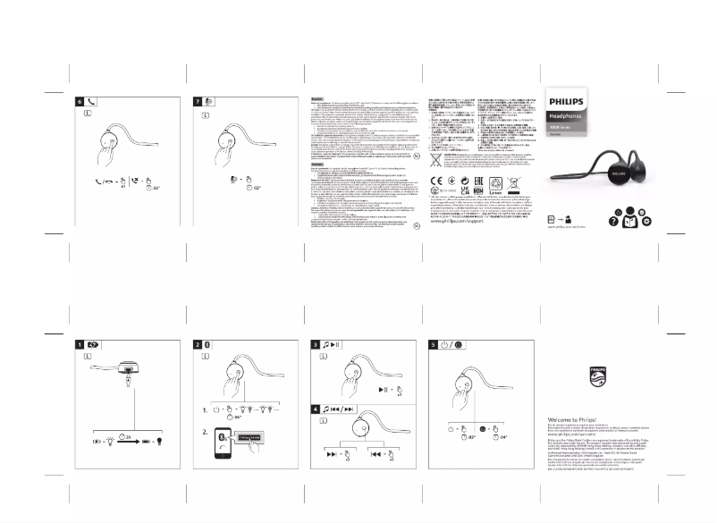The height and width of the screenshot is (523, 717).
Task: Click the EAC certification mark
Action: click(x=466, y=190)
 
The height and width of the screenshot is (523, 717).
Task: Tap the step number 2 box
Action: click(x=199, y=344)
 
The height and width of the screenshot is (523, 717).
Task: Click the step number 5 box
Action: click(x=434, y=344)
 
